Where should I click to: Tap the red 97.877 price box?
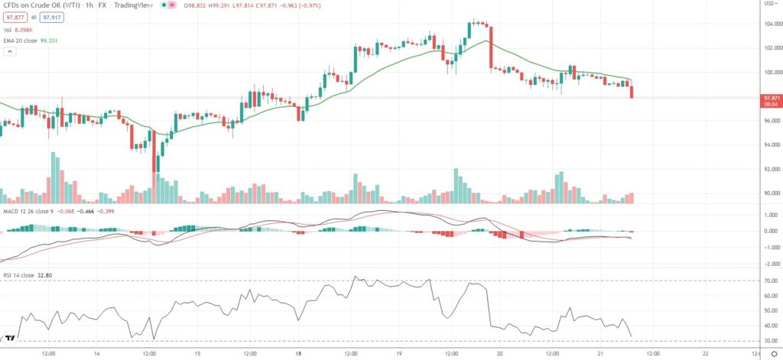(x=15, y=18)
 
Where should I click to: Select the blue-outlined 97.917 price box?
(x=52, y=18)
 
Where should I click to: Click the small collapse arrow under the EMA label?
(x=10, y=51)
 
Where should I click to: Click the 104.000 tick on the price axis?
(x=770, y=24)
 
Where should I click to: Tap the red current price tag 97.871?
(x=771, y=98)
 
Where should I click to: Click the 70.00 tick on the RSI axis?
(x=769, y=281)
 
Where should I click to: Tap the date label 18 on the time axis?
(x=297, y=354)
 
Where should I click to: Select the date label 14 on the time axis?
(x=97, y=354)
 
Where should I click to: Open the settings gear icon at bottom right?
(x=773, y=354)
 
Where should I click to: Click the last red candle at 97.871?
(x=632, y=92)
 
